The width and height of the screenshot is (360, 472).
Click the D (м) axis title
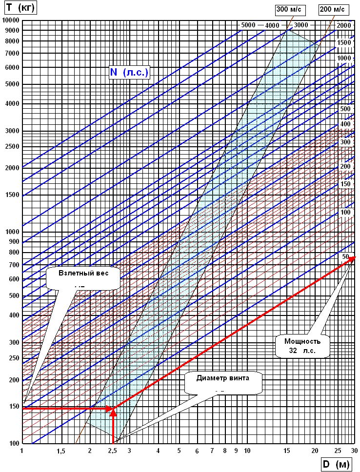point(337,465)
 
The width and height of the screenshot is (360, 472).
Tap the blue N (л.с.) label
point(129,72)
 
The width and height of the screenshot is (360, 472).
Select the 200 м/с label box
point(332,9)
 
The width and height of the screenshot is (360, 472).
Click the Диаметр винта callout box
point(222,383)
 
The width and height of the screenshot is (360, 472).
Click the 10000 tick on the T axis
point(10,20)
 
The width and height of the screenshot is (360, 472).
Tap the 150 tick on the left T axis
point(13,406)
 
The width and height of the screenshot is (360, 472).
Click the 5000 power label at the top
point(249,25)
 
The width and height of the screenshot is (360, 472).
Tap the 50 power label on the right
point(345,256)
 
